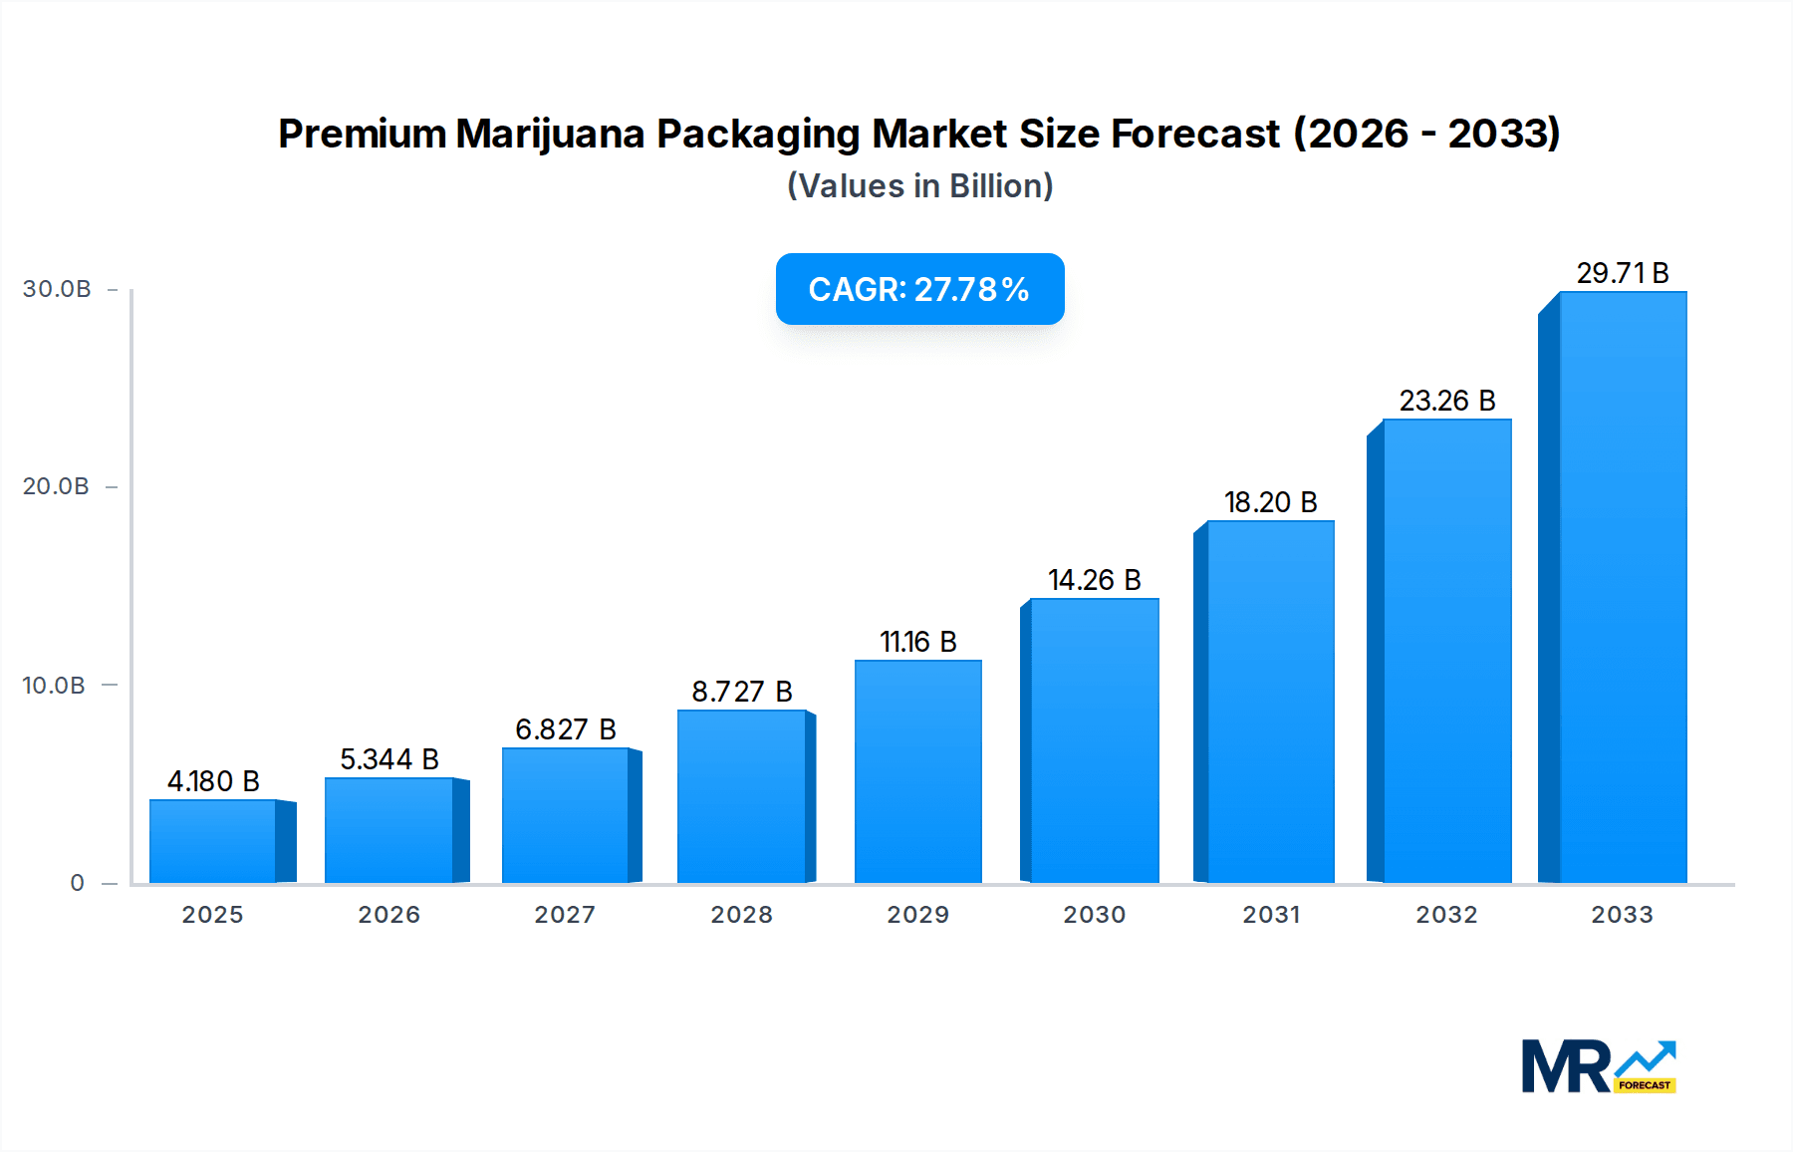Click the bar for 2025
pos(213,841)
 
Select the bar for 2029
pos(917,771)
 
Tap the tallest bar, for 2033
pos(1622,587)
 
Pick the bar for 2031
pos(1270,702)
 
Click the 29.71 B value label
pos(1622,273)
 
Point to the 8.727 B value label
pos(742,692)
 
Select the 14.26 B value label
pos(1094,580)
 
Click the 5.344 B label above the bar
pos(389,759)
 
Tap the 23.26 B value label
pos(1446,401)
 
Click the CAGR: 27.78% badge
pos(919,289)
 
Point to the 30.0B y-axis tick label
pos(57,289)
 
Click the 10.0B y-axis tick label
pos(54,686)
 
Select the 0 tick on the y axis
pos(77,883)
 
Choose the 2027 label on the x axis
pos(565,915)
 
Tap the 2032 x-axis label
pos(1446,915)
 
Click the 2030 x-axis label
pos(1094,915)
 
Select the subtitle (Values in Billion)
pos(919,186)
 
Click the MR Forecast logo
pos(1598,1066)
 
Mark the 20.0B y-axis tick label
pos(56,486)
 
